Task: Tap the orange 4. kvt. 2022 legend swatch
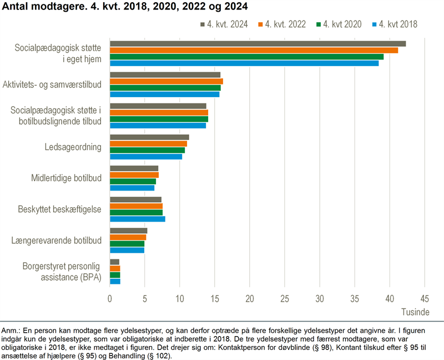pos(261,24)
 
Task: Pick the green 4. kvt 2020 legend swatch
pos(319,24)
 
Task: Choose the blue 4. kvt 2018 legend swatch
pos(374,24)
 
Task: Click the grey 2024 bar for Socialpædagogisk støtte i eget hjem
pos(258,44)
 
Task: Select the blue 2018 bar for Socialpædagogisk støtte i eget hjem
pos(244,63)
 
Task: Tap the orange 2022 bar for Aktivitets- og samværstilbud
pos(166,82)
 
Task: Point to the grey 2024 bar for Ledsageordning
pos(149,137)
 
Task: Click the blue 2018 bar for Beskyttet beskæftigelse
pos(137,219)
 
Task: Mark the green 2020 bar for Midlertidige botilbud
pos(133,181)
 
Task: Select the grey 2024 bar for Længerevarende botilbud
pos(128,231)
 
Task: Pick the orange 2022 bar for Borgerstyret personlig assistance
pos(115,268)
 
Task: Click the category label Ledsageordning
pos(73,147)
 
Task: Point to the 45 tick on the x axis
pos(424,298)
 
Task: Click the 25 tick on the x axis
pos(284,298)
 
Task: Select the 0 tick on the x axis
pos(110,298)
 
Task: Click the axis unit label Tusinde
pos(416,311)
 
